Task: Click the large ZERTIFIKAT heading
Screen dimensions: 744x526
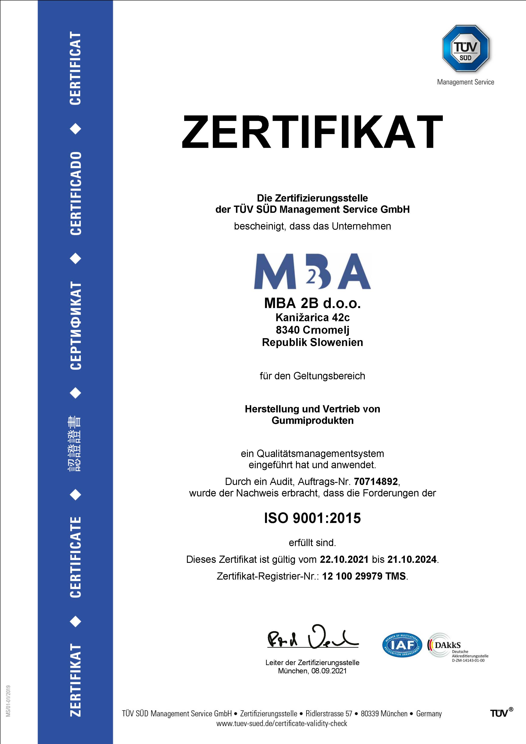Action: tap(312, 132)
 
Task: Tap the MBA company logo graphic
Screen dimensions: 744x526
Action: tap(312, 271)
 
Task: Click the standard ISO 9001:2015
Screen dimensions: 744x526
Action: tap(312, 518)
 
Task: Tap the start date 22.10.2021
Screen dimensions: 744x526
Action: tap(344, 559)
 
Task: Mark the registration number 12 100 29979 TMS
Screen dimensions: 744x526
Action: tap(364, 576)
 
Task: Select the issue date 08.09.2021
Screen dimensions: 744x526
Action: tap(329, 671)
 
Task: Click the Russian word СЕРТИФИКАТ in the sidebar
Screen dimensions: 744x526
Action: tap(76, 325)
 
